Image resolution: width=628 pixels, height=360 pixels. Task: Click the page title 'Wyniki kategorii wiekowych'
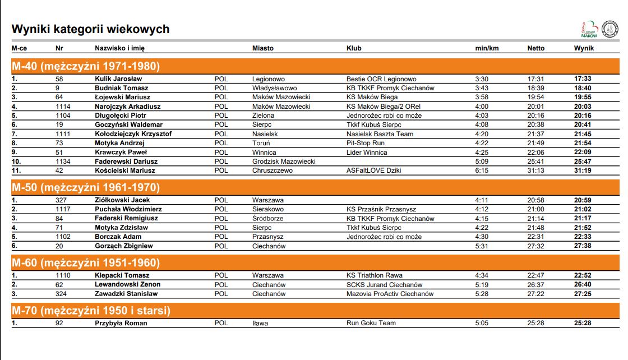tap(90, 29)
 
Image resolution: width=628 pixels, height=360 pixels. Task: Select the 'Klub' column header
tap(354, 48)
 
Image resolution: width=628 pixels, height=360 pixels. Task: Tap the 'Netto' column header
tap(535, 48)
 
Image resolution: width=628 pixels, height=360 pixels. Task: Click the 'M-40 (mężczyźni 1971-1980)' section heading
tap(86, 66)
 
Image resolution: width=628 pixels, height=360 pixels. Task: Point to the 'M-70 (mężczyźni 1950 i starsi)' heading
tap(91, 311)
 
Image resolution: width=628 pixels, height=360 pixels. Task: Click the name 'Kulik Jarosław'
tap(118, 79)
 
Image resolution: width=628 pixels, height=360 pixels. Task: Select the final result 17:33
tap(583, 79)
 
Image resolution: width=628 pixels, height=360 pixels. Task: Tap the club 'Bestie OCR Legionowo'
tap(381, 79)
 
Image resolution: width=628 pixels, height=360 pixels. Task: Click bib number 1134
tap(63, 161)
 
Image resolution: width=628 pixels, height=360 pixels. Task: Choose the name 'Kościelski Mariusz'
tap(124, 170)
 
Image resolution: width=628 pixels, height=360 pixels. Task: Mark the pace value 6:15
tap(482, 170)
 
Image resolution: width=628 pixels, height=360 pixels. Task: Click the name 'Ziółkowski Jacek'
tap(122, 200)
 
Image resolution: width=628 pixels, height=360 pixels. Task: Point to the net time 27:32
tap(535, 246)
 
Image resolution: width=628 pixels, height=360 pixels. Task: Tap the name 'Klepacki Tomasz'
tap(122, 275)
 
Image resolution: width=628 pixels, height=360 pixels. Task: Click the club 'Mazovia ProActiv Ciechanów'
tap(390, 294)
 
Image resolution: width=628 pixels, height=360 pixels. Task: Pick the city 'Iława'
tap(260, 323)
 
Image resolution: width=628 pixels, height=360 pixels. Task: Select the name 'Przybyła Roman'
tap(121, 323)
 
